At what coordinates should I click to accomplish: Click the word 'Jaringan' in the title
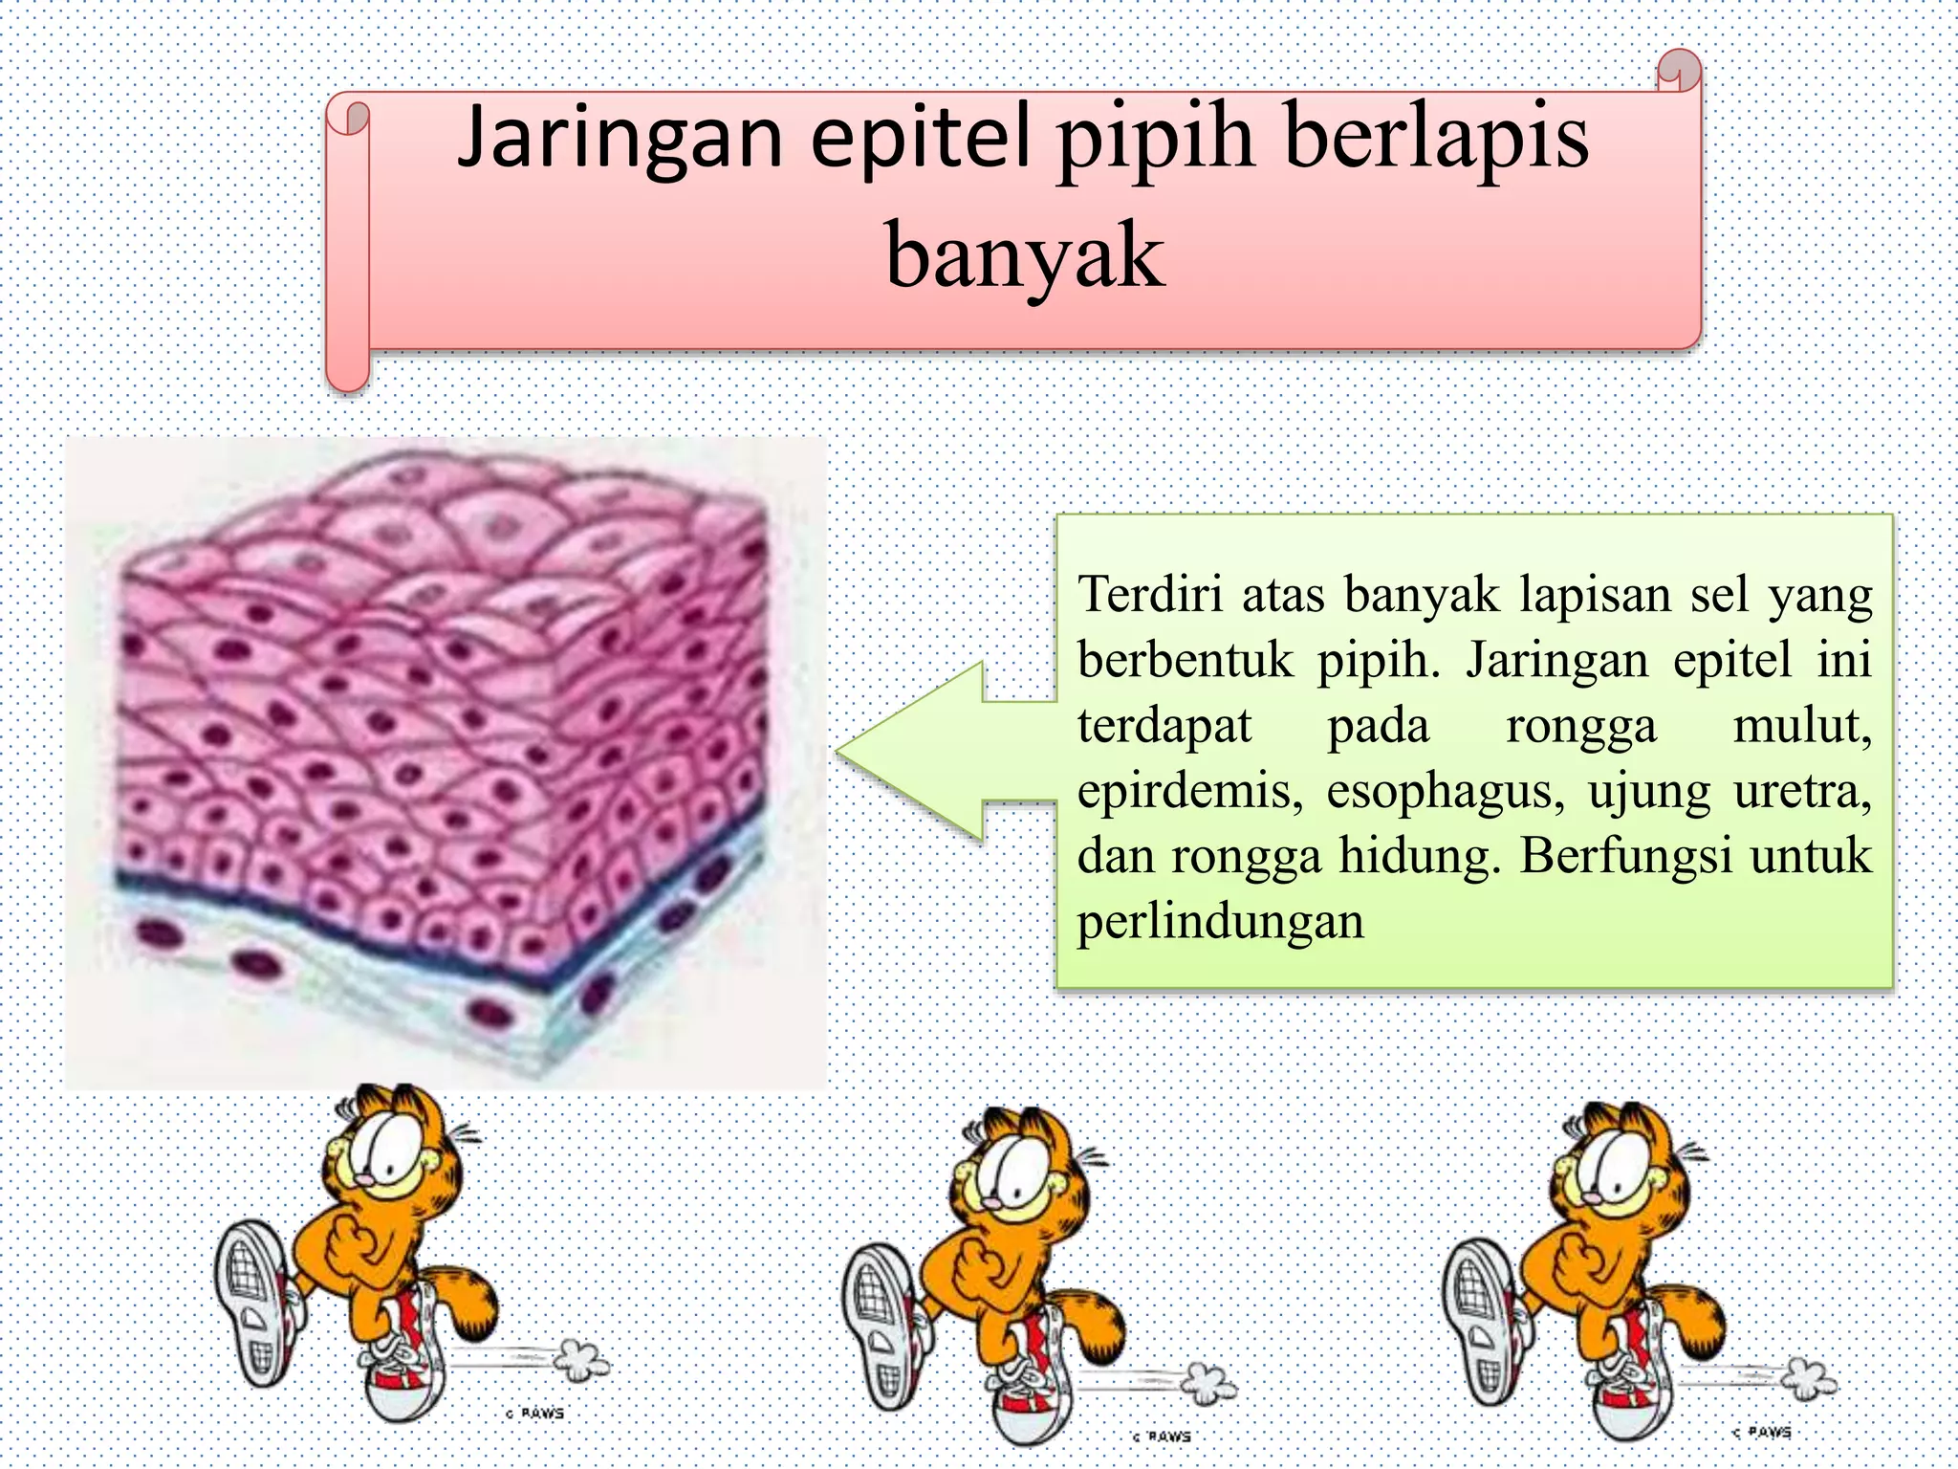(621, 139)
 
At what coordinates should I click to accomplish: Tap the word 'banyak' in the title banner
(1024, 256)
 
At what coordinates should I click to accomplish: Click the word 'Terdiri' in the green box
(1150, 595)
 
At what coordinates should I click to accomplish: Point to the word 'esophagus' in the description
(1445, 793)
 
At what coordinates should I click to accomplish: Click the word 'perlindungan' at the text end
(1220, 922)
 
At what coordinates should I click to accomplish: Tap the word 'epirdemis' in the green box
(1189, 793)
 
